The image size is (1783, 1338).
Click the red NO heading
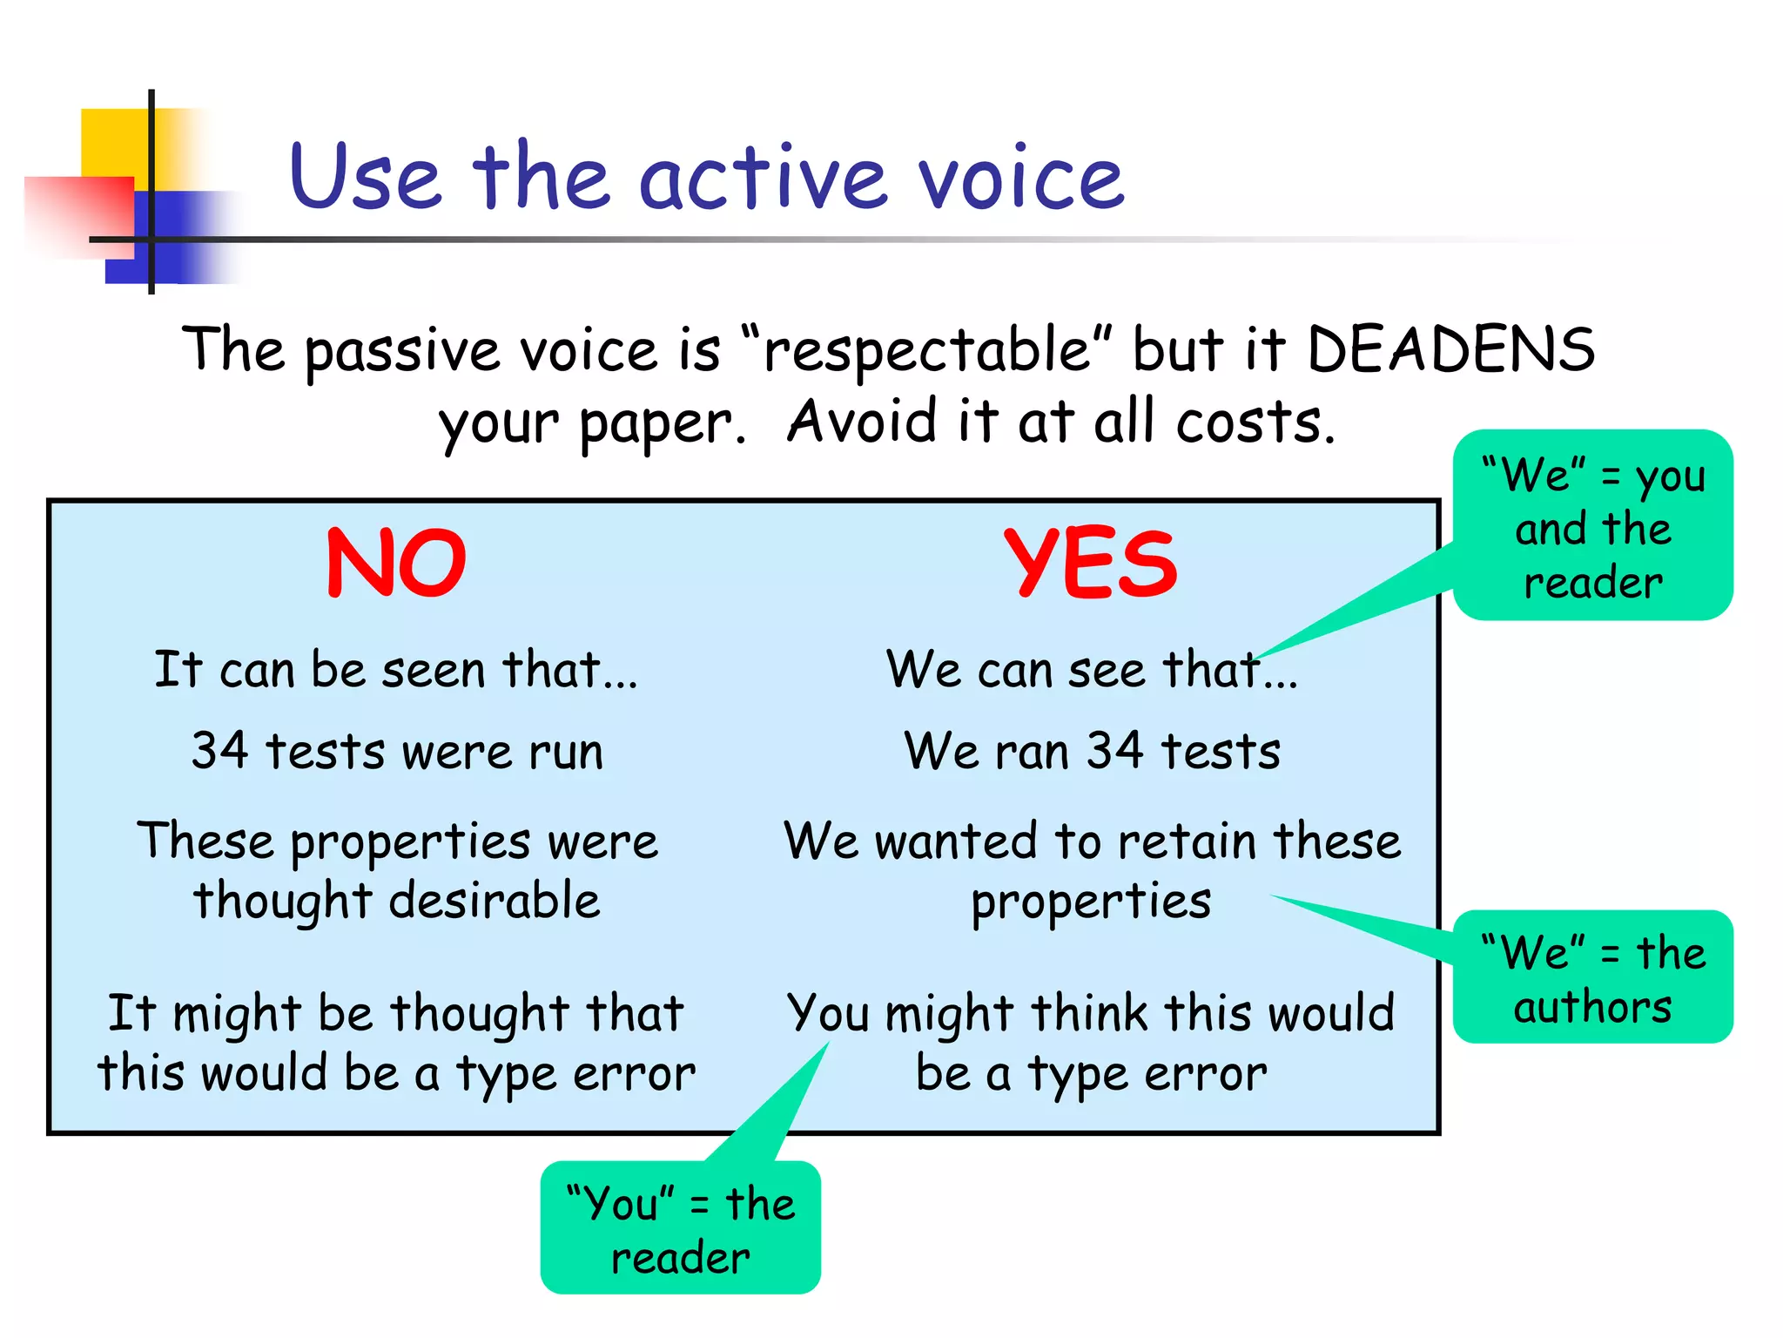396,564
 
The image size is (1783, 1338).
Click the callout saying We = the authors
1592,978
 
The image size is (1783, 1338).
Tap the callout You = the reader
680,1229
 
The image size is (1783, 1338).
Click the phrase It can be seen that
396,670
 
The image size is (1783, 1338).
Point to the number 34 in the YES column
1114,751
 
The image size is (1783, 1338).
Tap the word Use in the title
366,179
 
